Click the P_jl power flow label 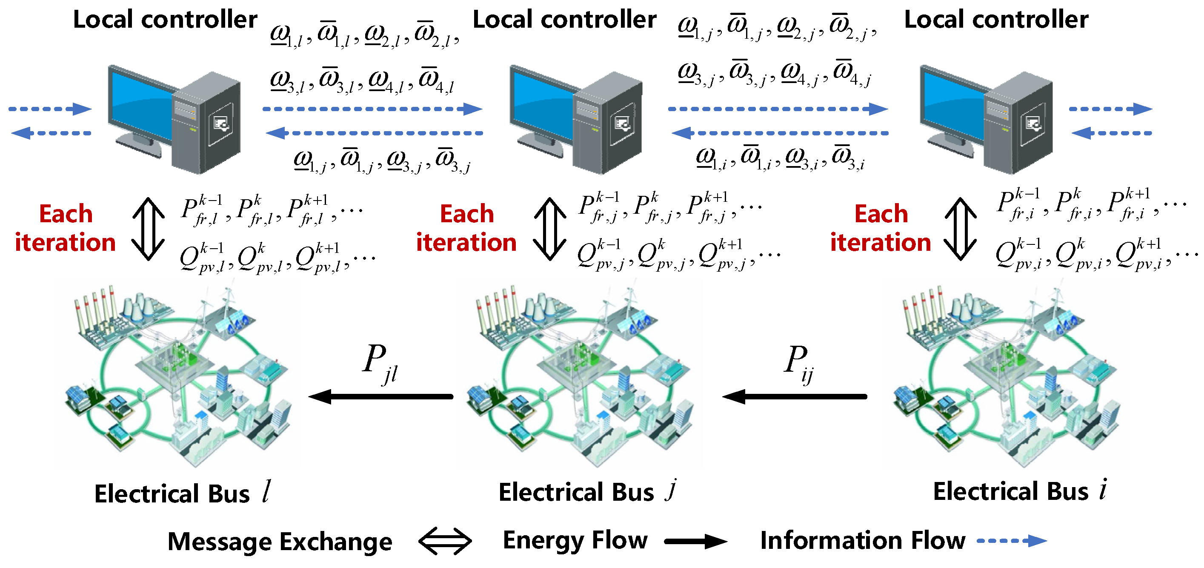pos(380,363)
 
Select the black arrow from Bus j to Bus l pos(381,396)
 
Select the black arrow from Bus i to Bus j pos(795,396)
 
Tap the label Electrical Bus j pos(587,492)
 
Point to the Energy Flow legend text pos(575,540)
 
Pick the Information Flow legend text pos(862,540)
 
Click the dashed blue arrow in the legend pos(1012,541)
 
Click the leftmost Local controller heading pos(165,20)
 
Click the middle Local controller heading pos(564,20)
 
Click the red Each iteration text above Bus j pos(466,228)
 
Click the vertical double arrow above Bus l pos(148,229)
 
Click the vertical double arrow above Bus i pos(960,229)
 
